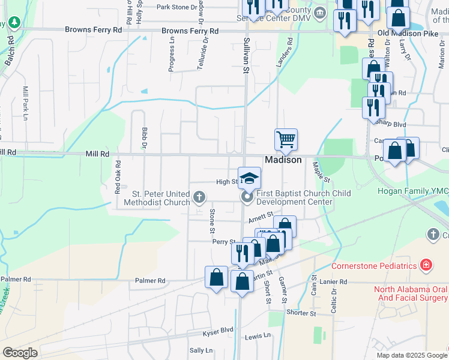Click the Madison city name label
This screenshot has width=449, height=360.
click(x=283, y=160)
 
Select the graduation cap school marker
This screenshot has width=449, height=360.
click(x=250, y=178)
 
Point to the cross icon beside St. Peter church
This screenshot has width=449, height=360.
click(x=199, y=196)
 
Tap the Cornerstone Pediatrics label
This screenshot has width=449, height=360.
click(x=375, y=266)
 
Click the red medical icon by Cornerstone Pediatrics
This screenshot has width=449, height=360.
click(x=426, y=265)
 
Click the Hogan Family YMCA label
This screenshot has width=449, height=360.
click(x=413, y=191)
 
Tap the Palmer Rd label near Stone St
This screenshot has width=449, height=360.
click(x=150, y=280)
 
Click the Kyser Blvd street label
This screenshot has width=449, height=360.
click(x=218, y=330)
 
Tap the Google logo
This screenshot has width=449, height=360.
click(x=20, y=353)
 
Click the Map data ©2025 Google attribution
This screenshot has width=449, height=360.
click(x=411, y=355)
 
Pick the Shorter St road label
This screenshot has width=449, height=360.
click(x=301, y=313)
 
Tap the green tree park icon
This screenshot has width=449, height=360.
click(x=14, y=23)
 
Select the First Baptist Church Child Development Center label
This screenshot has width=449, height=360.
click(x=295, y=197)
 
